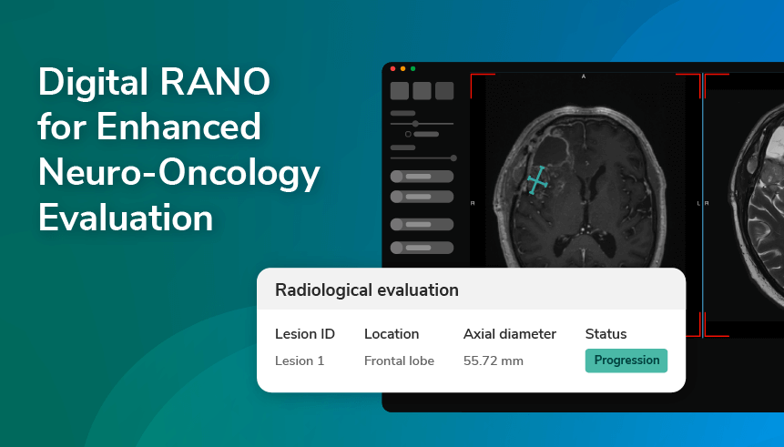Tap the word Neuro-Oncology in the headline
[x=178, y=173]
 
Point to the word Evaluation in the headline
[x=126, y=218]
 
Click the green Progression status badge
[x=626, y=361]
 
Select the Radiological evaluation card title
[x=367, y=290]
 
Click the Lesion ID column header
[x=305, y=334]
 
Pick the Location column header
[x=392, y=334]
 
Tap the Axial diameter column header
[x=510, y=334]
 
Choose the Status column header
[x=606, y=334]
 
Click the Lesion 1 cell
[x=300, y=361]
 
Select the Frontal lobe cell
[x=399, y=361]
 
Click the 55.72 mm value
[x=494, y=361]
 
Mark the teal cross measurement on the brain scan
[x=539, y=179]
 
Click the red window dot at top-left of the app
[x=392, y=68]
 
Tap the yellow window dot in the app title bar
[x=402, y=68]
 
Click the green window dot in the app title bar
[x=412, y=68]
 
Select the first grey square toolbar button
[x=399, y=90]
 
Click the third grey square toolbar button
[x=444, y=90]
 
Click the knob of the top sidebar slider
[x=416, y=123]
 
